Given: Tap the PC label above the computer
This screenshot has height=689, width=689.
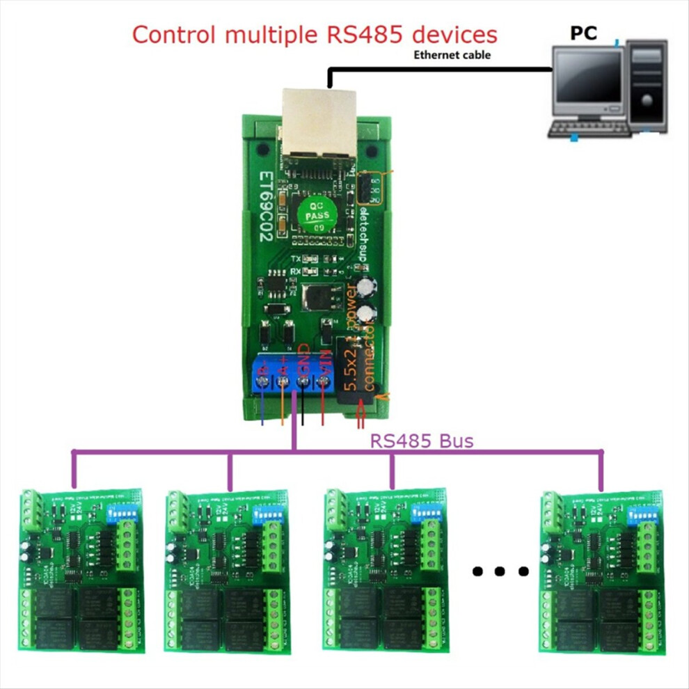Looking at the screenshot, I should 583,33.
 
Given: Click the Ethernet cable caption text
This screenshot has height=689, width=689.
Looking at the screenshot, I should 452,54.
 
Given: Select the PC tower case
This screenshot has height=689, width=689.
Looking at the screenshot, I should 647,86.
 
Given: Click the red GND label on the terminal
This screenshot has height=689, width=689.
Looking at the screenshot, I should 303,361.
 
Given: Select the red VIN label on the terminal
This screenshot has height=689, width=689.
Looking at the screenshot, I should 324,364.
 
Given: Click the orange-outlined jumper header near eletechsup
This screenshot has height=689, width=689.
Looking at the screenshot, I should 369,188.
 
